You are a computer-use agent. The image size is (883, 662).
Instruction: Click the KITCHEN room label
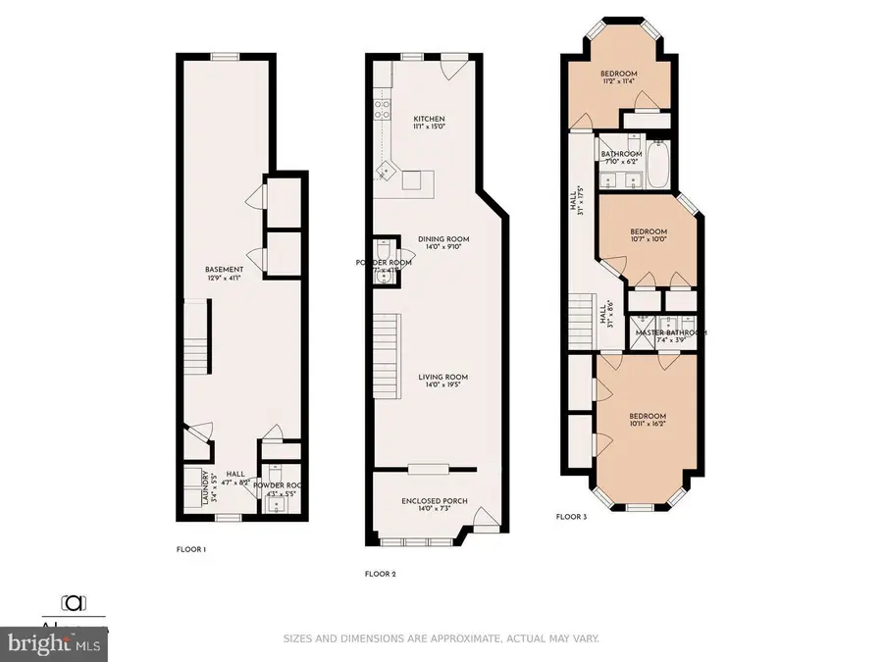point(428,119)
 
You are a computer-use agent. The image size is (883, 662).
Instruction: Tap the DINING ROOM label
point(443,238)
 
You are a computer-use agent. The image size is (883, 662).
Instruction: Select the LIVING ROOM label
point(442,377)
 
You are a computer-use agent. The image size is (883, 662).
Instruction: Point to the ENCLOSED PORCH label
point(434,501)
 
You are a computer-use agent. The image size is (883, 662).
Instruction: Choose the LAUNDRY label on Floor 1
point(205,488)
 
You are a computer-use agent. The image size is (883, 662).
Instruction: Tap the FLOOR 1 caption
point(190,550)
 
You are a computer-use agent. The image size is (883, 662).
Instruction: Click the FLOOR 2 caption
point(380,574)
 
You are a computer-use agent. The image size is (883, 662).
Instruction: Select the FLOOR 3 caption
point(571,516)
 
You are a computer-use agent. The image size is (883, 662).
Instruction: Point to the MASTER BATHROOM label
point(671,332)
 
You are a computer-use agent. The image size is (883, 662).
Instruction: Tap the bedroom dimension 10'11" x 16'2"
point(648,424)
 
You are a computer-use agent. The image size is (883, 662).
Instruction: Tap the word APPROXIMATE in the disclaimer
point(451,638)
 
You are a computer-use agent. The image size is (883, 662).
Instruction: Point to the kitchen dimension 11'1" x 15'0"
point(428,127)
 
